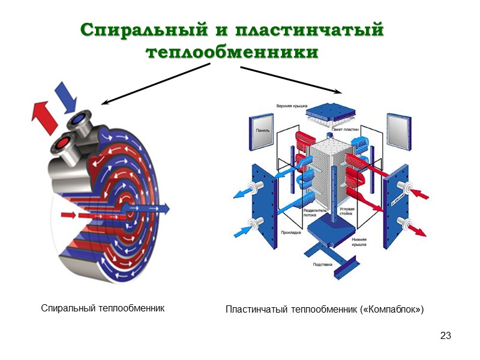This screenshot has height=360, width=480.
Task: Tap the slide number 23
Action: [x=445, y=335]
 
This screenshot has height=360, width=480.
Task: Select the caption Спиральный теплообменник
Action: [x=103, y=308]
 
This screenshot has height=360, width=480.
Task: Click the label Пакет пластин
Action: [x=347, y=130]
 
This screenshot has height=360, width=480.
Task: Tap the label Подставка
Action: [x=323, y=264]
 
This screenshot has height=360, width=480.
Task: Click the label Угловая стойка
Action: [x=347, y=211]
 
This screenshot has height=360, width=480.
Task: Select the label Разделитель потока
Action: [x=314, y=214]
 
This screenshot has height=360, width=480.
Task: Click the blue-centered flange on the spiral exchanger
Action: [x=79, y=121]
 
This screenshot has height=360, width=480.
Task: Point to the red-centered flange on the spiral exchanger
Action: [x=62, y=142]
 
